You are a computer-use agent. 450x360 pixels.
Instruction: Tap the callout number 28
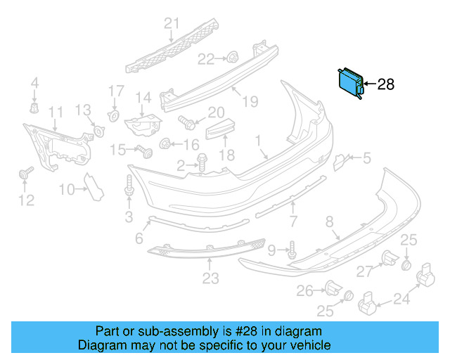[386, 85]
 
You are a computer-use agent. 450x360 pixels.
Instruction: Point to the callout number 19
[251, 101]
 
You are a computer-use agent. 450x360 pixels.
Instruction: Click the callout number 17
[116, 91]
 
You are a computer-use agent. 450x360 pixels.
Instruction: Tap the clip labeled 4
[33, 108]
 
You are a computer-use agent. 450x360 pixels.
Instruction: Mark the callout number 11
[55, 111]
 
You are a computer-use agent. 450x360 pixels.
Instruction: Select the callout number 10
[66, 188]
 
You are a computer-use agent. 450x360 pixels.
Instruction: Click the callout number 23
[210, 279]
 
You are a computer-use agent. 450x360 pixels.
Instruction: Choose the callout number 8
[329, 222]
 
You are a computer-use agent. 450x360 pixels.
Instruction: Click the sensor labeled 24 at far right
[426, 276]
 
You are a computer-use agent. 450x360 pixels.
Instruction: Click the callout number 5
[366, 159]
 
